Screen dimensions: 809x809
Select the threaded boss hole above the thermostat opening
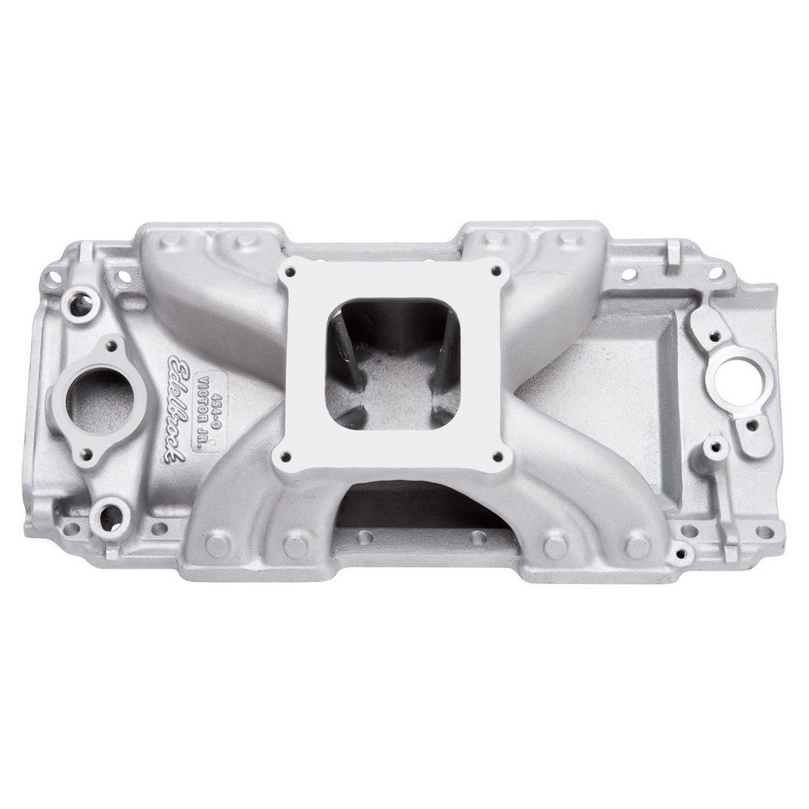pyautogui.click(x=80, y=305)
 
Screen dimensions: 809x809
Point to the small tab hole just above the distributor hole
pyautogui.click(x=716, y=333)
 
